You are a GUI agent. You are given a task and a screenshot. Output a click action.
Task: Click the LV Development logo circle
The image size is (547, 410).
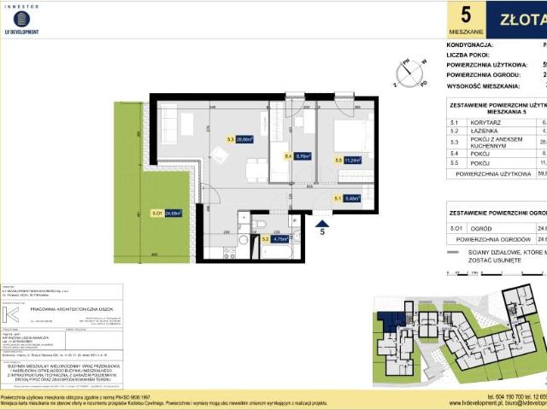(x=22, y=18)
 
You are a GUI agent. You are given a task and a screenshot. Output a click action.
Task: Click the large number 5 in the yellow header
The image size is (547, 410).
(x=465, y=15)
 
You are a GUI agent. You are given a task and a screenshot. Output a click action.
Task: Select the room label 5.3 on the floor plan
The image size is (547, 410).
(x=230, y=138)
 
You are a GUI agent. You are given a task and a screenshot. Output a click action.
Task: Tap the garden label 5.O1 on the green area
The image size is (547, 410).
(x=133, y=214)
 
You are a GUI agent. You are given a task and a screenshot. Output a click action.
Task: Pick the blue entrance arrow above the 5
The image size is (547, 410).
(x=322, y=220)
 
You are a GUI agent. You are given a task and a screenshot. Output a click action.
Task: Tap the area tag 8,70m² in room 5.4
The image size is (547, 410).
(x=302, y=156)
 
